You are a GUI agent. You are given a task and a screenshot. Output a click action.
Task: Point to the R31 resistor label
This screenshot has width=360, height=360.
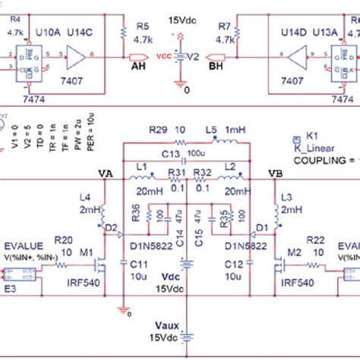coord(177,173)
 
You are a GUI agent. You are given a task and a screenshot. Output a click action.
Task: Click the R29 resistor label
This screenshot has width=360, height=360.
coord(156,131)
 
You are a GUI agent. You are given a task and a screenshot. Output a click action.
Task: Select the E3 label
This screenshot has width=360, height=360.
coord(11,290)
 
